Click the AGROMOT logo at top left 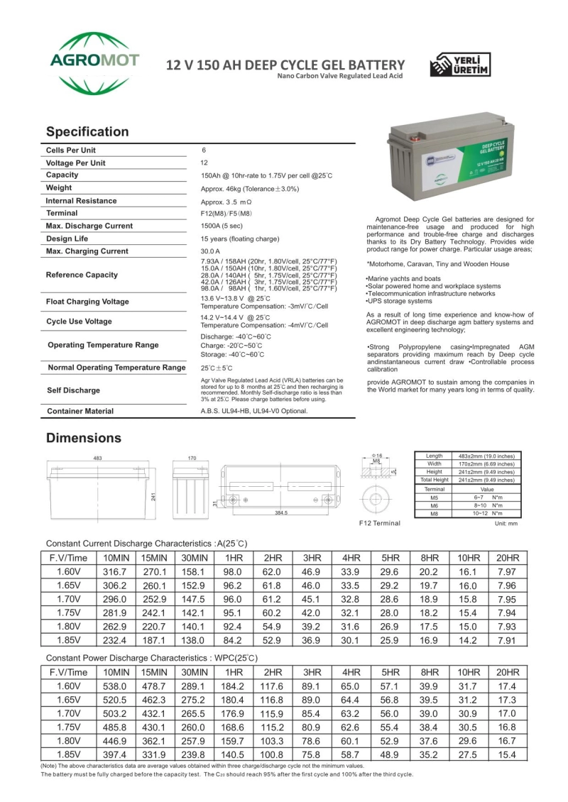coord(95,62)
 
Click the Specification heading coord(87,132)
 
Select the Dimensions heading coord(84,438)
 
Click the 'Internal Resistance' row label coord(81,201)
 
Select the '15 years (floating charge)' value coord(240,238)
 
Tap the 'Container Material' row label coord(80,411)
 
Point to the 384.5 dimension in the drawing coord(281,512)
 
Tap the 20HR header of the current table coord(507,558)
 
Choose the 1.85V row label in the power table coord(67,754)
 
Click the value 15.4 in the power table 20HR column coord(507,754)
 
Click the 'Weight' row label coord(59,188)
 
